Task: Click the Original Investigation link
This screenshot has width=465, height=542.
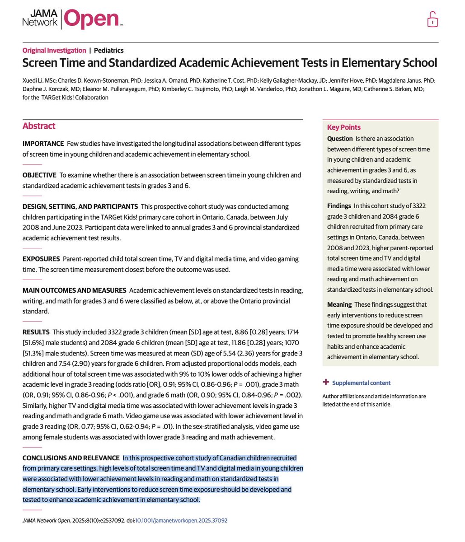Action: pos(54,51)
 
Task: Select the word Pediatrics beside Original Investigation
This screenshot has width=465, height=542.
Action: pos(108,51)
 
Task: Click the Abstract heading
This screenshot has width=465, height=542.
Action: pos(39,126)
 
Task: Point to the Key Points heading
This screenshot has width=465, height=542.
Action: pos(344,127)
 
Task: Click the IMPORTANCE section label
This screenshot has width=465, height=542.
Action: pos(43,144)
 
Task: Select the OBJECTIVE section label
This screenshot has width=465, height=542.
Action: pos(39,175)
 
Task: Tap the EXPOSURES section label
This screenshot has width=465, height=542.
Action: pos(41,259)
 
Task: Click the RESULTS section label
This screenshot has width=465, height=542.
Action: pos(36,332)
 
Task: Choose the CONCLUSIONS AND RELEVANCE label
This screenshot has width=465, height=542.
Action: pos(71,458)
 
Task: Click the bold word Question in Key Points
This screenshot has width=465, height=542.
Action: pos(340,139)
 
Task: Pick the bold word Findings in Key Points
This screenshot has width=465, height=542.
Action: pos(339,206)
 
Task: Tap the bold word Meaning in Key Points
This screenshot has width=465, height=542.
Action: pos(339,305)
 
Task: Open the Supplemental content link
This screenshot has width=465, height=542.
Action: pos(361,383)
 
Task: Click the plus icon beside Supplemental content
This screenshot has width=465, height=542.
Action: pos(326,383)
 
